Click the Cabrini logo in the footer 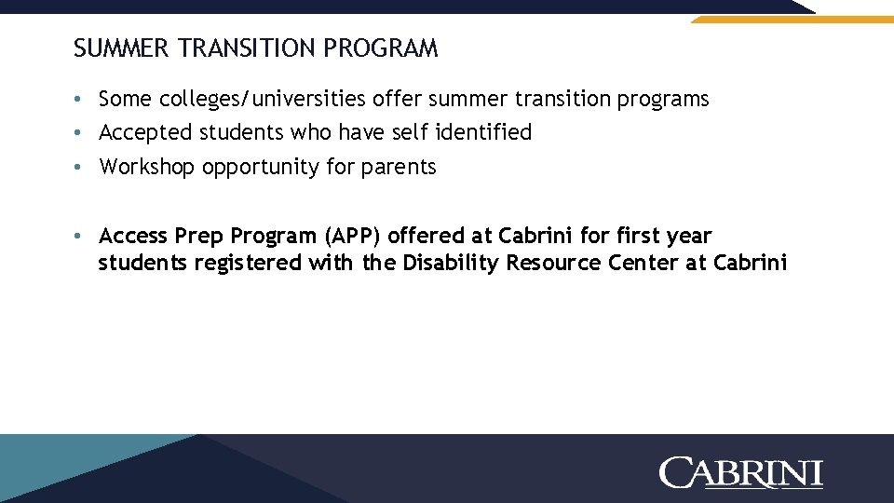pyautogui.click(x=740, y=472)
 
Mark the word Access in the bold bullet pyautogui.click(x=133, y=236)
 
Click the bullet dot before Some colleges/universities pyautogui.click(x=82, y=100)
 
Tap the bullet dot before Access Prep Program pyautogui.click(x=82, y=237)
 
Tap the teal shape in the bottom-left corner pyautogui.click(x=56, y=466)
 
